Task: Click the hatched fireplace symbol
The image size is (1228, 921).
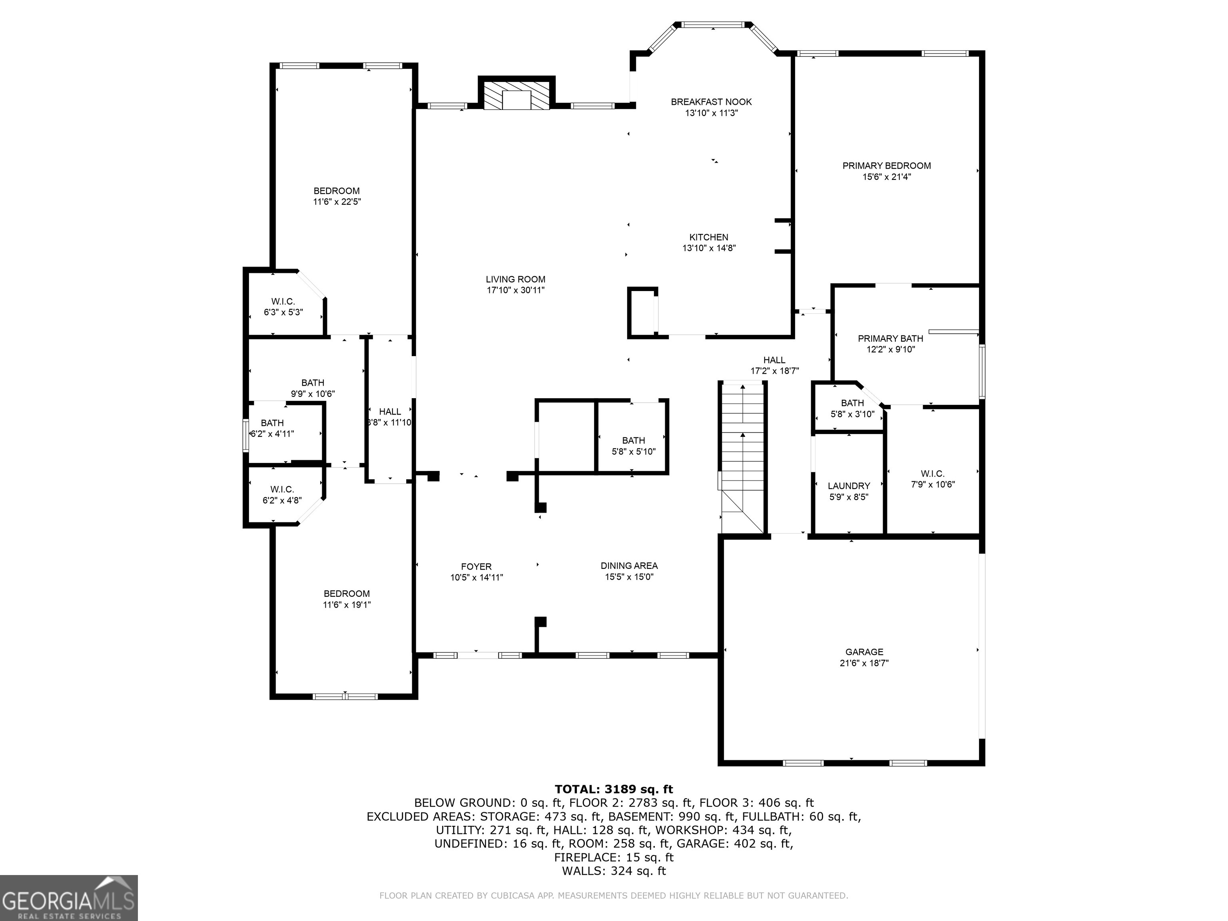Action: [516, 96]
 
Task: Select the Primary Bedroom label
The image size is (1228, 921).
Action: [887, 165]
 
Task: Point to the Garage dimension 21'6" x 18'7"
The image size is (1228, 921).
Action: [864, 663]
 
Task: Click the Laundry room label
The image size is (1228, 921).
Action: [849, 486]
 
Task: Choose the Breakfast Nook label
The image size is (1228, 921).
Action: [711, 102]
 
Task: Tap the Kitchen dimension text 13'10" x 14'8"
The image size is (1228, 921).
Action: [709, 248]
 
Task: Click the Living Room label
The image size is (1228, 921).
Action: [516, 279]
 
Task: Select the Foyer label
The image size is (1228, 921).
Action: [476, 567]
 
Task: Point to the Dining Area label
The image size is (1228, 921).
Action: [629, 566]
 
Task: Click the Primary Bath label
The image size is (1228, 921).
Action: [891, 339]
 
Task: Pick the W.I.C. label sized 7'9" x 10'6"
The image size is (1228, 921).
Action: [933, 474]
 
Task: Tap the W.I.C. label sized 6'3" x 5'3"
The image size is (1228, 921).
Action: [283, 301]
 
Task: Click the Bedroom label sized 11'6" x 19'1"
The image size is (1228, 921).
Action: [347, 594]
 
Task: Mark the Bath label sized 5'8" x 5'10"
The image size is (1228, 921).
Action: [634, 440]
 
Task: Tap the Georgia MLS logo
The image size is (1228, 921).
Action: [69, 898]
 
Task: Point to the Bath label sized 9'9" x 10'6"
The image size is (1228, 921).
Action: [313, 383]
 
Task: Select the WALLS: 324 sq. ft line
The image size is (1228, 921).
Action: [614, 871]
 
